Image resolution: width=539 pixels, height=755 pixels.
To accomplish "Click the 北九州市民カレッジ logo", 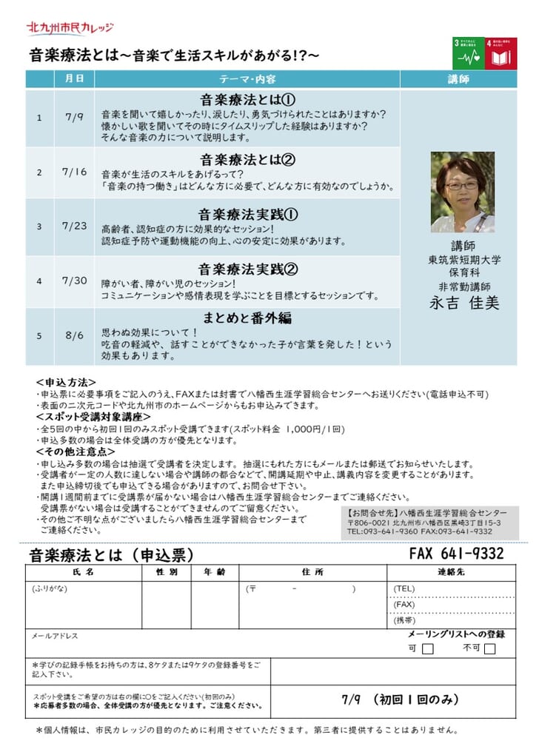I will pyautogui.click(x=70, y=27).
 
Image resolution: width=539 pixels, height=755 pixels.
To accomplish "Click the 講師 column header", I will pyautogui.click(x=458, y=79).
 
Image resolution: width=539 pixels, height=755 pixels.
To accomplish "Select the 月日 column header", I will pyautogui.click(x=74, y=79).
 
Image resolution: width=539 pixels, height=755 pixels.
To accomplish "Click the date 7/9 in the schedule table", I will pyautogui.click(x=74, y=118).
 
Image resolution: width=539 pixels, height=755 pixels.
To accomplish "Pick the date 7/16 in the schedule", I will pyautogui.click(x=74, y=172).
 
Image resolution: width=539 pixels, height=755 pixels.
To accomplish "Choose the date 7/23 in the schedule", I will pyautogui.click(x=74, y=226).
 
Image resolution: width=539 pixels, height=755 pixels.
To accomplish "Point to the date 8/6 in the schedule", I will pyautogui.click(x=74, y=335).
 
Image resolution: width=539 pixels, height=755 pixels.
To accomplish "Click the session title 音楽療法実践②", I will pyautogui.click(x=247, y=268).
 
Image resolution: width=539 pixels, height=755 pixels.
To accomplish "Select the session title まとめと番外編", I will pyautogui.click(x=247, y=318).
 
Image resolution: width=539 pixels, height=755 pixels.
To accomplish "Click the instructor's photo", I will pyautogui.click(x=462, y=192).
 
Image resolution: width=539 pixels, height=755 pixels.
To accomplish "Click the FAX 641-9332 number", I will pyautogui.click(x=456, y=554).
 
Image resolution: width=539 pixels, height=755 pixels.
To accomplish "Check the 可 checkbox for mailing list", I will pyautogui.click(x=427, y=649).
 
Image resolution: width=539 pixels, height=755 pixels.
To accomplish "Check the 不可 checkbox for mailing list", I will pyautogui.click(x=489, y=649).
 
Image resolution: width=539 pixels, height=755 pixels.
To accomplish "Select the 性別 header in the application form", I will pyautogui.click(x=166, y=572).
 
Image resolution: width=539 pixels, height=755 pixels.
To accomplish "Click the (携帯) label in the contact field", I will pyautogui.click(x=405, y=620).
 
